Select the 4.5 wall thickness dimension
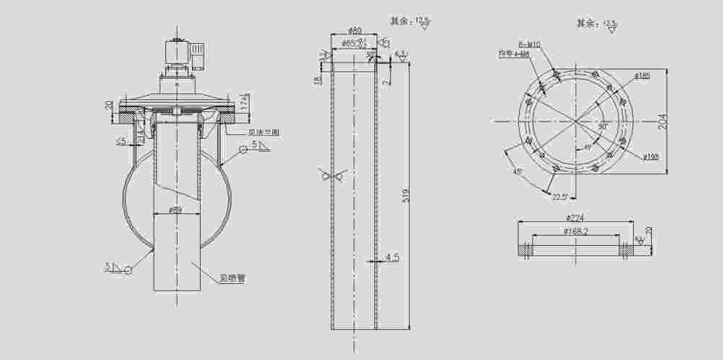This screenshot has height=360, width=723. (392, 257)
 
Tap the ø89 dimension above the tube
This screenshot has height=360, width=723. (354, 31)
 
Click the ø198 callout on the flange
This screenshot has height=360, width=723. (652, 156)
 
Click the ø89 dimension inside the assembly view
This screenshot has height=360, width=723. (175, 210)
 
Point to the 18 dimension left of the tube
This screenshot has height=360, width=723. (317, 80)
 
